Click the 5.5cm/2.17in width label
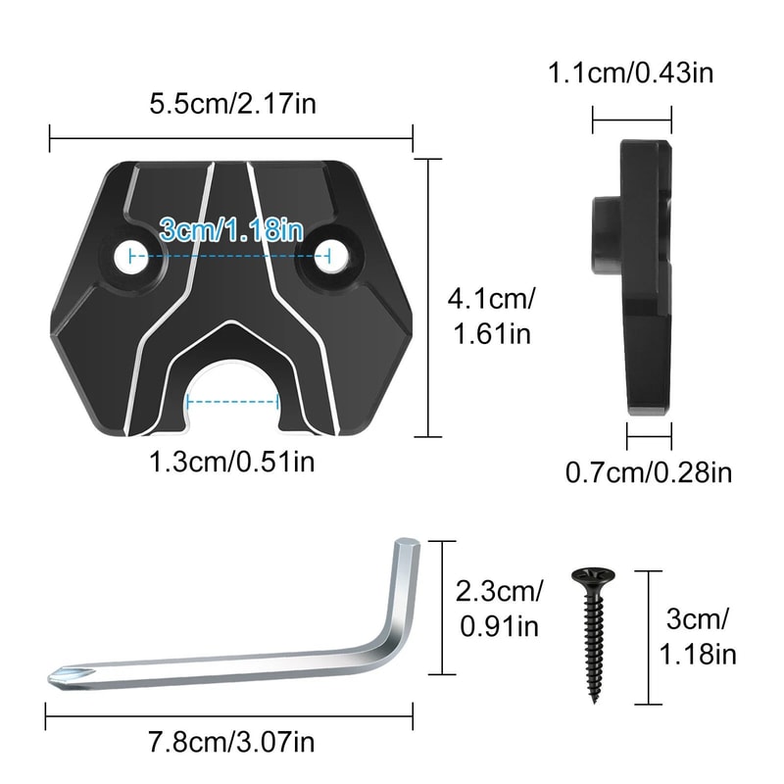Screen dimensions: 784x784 point(231,103)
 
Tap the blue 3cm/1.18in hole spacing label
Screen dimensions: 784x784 point(231,230)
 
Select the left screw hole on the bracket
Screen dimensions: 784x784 point(128,256)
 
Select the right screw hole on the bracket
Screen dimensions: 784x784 point(331,256)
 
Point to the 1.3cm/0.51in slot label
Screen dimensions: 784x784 point(232,462)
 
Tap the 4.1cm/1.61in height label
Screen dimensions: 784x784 point(491,315)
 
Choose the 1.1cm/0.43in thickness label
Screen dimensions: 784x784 point(631,73)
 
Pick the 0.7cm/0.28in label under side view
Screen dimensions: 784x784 point(649,473)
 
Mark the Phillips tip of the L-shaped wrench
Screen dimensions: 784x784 point(62,675)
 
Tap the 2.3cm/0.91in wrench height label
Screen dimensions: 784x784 point(498,609)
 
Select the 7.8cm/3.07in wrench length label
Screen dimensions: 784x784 point(231,743)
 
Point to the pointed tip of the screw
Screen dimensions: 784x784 point(593,698)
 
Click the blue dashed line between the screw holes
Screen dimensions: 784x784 point(231,256)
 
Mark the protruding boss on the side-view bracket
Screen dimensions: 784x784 point(605,235)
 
